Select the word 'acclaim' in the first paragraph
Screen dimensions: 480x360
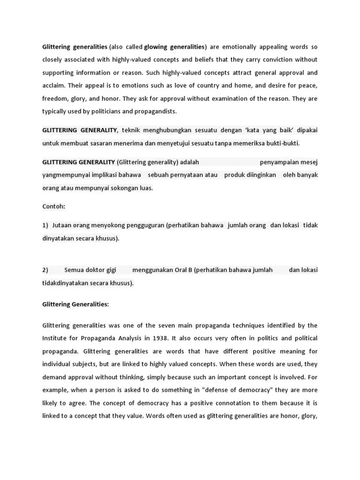click(x=52, y=86)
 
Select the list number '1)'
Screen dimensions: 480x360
click(x=45, y=225)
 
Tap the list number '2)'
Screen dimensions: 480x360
click(x=45, y=270)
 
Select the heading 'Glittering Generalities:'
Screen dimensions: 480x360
click(x=75, y=304)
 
